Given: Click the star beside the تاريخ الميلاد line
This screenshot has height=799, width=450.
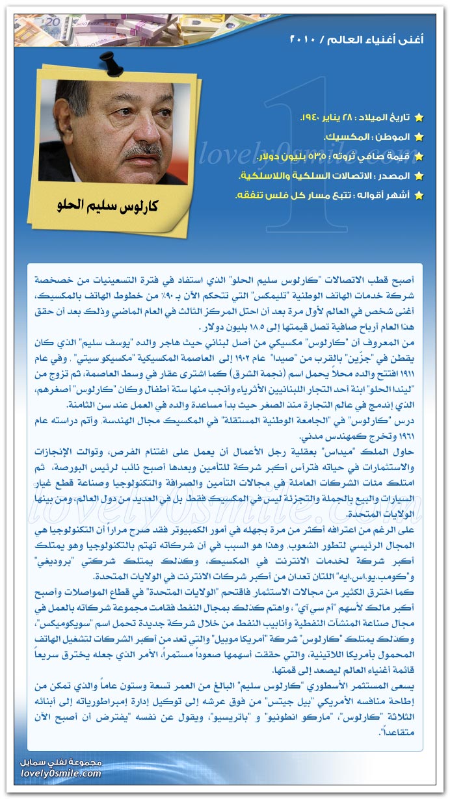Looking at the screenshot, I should [419, 118].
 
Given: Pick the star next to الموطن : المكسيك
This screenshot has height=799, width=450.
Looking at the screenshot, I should [419, 137].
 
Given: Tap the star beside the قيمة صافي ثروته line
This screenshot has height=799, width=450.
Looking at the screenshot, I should [419, 157].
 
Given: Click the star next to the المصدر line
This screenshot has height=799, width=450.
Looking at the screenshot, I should [419, 176].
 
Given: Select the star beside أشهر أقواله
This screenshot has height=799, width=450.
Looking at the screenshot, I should [419, 196].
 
